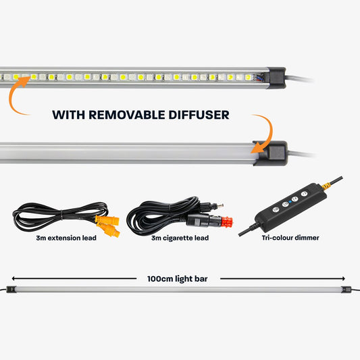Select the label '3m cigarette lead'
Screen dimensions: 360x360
pyautogui.click(x=179, y=238)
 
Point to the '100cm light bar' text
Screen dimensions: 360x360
pyautogui.click(x=179, y=278)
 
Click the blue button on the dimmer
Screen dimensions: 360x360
pyautogui.click(x=286, y=202)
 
